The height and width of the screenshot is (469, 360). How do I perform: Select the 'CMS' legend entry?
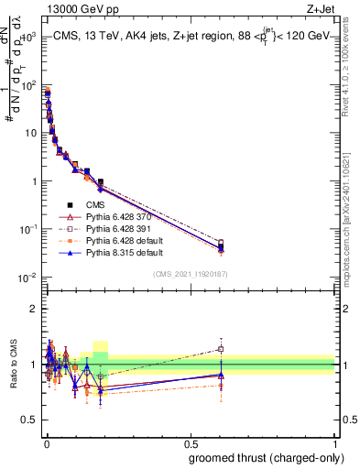pyautogui.click(x=96, y=205)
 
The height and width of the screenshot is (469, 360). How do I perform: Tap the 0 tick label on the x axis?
pyautogui.click(x=46, y=442)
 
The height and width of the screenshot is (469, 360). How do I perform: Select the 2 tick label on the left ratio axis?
pyautogui.click(x=34, y=308)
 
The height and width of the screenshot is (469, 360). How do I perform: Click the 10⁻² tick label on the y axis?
pyautogui.click(x=27, y=277)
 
